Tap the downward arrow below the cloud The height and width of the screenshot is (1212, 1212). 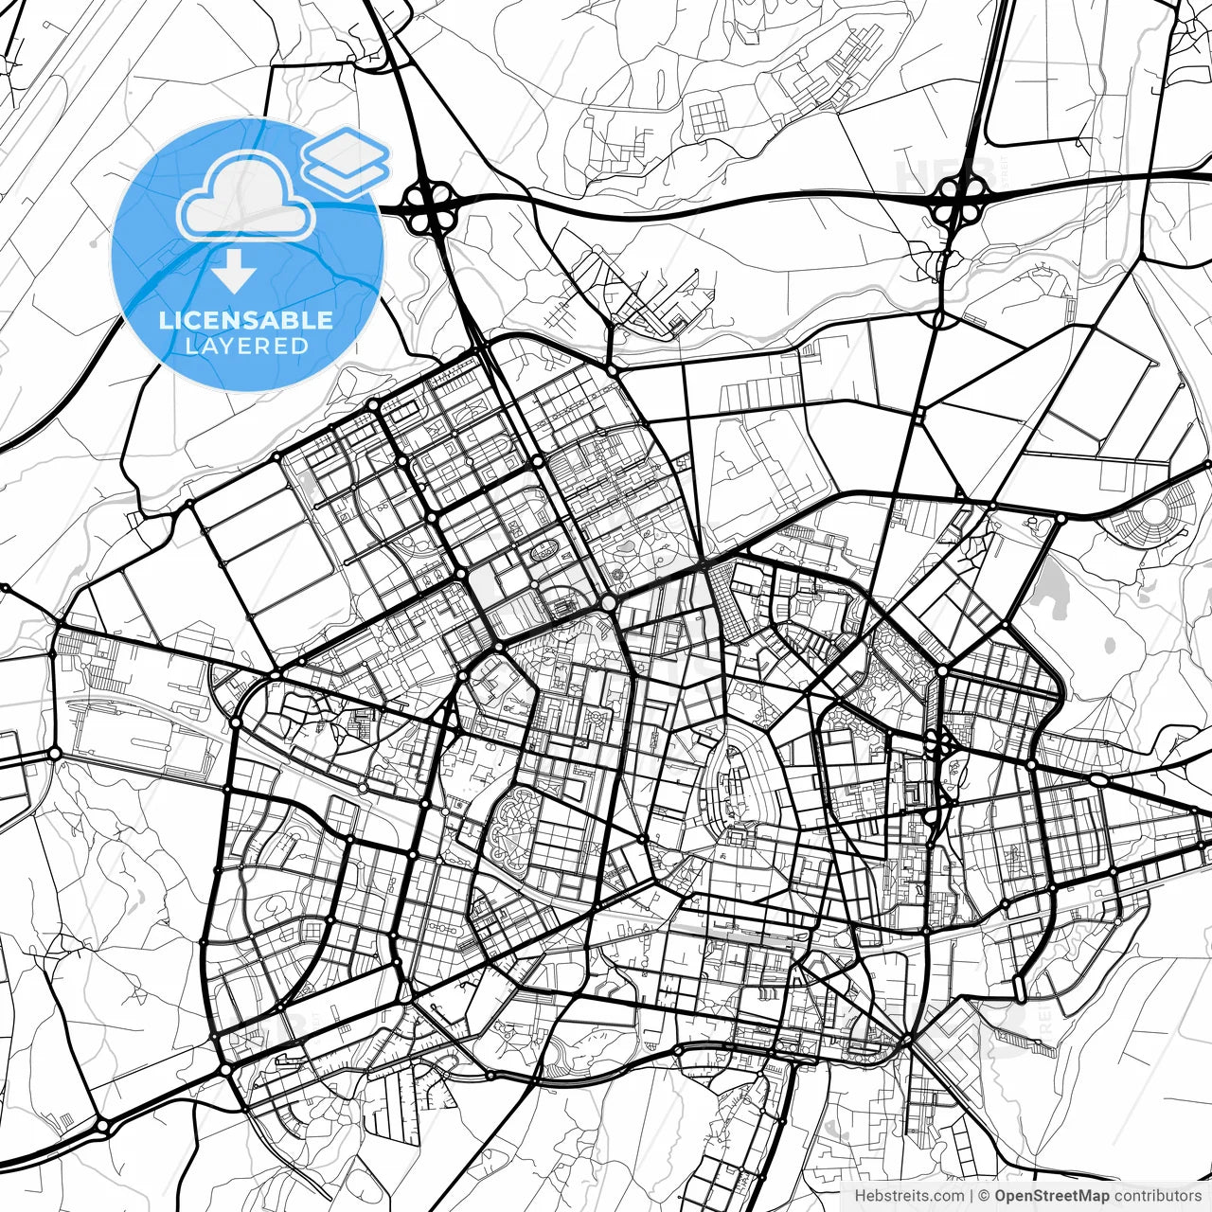tap(234, 271)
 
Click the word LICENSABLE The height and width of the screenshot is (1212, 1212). tap(246, 320)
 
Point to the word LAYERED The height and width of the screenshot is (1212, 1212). tap(246, 346)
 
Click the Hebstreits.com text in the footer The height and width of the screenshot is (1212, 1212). tap(910, 1196)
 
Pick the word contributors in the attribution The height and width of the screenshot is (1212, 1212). tap(1156, 1196)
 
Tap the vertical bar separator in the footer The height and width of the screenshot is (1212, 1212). tap(971, 1196)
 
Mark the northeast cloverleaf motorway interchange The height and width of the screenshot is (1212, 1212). tap(960, 198)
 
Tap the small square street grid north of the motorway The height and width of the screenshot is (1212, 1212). tap(706, 117)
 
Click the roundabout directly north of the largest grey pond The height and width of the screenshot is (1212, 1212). tap(1060, 518)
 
